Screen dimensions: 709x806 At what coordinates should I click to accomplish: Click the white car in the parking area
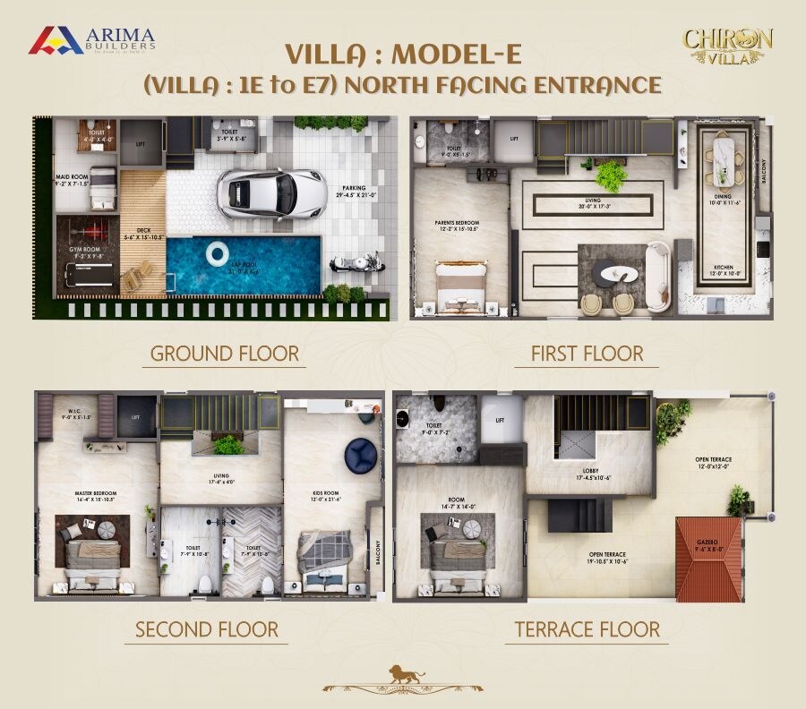click(x=270, y=192)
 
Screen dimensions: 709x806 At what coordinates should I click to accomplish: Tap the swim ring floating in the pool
click(x=218, y=254)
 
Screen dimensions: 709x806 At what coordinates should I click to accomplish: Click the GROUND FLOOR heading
click(x=225, y=353)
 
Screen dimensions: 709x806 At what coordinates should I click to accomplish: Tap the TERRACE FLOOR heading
click(x=587, y=629)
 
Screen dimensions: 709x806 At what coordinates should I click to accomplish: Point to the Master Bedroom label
click(x=96, y=496)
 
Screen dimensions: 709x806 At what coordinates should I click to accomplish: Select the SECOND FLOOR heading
click(x=207, y=629)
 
